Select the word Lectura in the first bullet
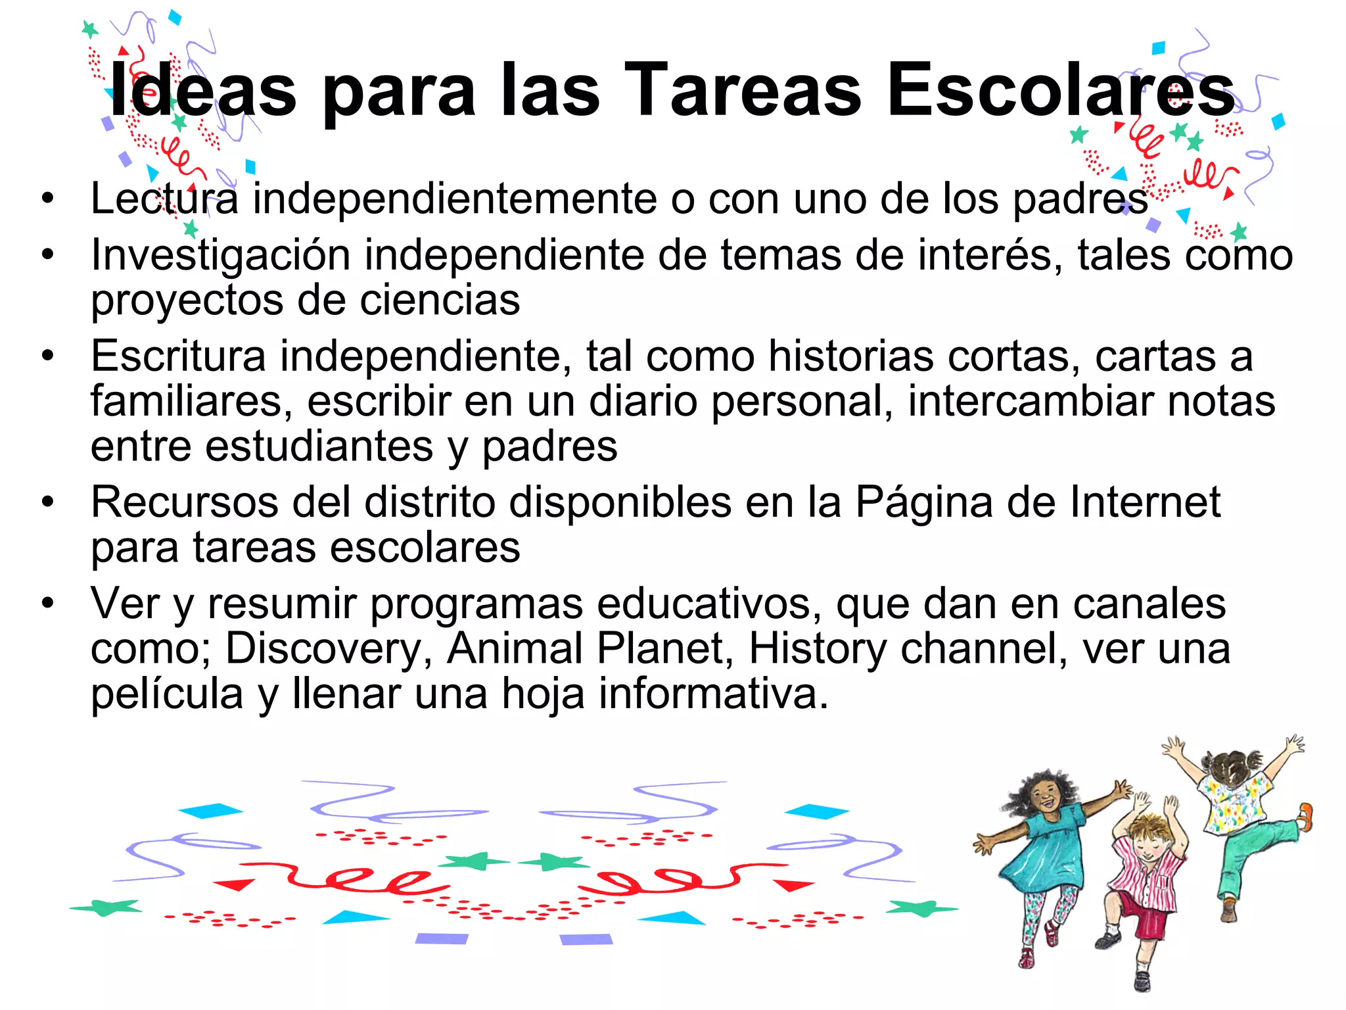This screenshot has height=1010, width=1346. click(164, 199)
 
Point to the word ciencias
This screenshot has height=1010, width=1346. click(440, 301)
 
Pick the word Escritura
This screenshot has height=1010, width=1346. click(178, 356)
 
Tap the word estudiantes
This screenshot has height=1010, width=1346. click(319, 447)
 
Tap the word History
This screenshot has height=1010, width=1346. click(818, 650)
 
